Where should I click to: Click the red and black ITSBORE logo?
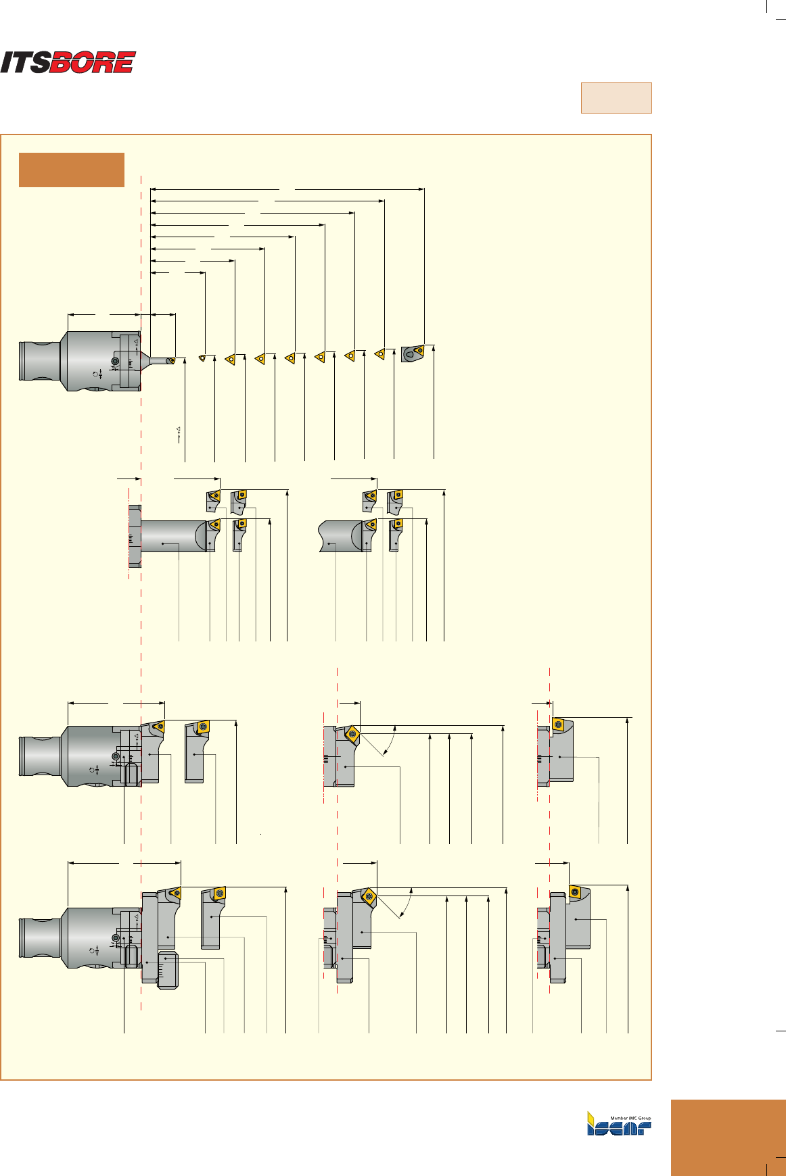(68, 62)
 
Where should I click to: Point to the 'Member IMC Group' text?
(630, 1118)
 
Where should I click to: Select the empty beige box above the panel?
(616, 98)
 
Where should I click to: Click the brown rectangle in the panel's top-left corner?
(72, 170)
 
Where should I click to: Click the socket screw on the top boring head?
(115, 362)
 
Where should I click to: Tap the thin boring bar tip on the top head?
(170, 360)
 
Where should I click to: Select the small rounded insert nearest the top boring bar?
(202, 358)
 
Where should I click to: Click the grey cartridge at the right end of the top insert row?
(412, 353)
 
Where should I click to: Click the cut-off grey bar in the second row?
(338, 536)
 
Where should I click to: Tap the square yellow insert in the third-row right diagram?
(558, 725)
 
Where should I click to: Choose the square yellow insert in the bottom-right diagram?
(575, 892)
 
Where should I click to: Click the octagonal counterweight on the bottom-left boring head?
(167, 971)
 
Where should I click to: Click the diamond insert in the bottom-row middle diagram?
(368, 897)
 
